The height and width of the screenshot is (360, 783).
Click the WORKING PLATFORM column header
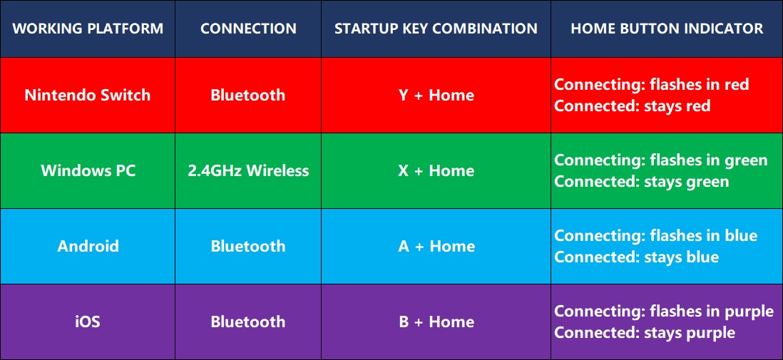click(x=88, y=29)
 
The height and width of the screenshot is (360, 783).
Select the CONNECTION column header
click(x=248, y=29)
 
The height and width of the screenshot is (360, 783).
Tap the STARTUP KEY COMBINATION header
click(x=436, y=29)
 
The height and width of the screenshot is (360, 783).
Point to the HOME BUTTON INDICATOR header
click(x=667, y=29)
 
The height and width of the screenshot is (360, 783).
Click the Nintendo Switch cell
click(x=88, y=95)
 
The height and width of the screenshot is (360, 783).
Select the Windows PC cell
click(x=88, y=171)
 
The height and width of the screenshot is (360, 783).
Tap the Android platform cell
click(x=88, y=246)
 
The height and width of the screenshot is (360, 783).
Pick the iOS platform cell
click(x=88, y=322)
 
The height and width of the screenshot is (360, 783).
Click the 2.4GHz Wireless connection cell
click(x=248, y=171)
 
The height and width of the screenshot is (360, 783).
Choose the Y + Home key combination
click(x=436, y=95)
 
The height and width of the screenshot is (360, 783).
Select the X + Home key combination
click(x=436, y=171)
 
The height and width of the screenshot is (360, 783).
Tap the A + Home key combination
click(x=436, y=246)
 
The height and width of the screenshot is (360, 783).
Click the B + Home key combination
click(x=436, y=322)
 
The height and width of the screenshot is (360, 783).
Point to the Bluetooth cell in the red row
click(x=248, y=95)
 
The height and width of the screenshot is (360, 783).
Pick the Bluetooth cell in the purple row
click(x=248, y=322)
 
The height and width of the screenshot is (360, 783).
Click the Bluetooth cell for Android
click(x=248, y=246)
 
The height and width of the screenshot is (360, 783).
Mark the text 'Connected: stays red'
click(x=633, y=106)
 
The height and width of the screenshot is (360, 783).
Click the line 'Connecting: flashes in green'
click(x=660, y=160)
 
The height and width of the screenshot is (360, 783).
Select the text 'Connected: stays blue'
click(x=637, y=257)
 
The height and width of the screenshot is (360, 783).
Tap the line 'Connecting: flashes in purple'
click(x=664, y=311)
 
